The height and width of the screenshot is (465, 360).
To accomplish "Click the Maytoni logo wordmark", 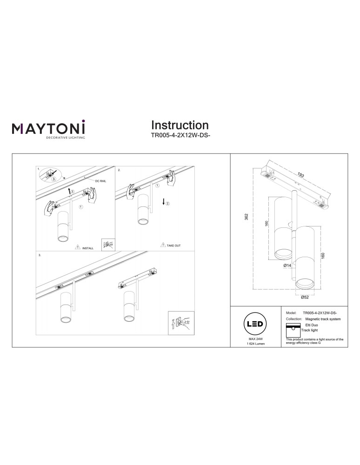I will (48, 128).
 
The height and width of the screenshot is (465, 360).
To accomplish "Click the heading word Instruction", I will (180, 126).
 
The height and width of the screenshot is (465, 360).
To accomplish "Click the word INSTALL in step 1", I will (88, 248).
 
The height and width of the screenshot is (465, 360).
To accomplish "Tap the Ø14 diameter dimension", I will (287, 265).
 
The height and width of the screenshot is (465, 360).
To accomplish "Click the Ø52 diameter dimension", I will (305, 297).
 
